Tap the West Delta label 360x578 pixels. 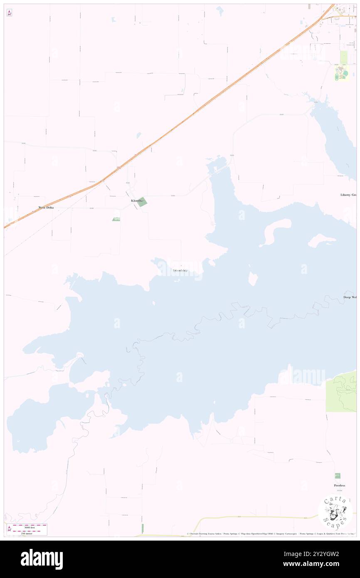tap(46, 207)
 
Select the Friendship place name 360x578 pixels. tap(180, 271)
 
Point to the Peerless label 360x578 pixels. tap(339, 485)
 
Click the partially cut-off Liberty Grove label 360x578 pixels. tap(348, 195)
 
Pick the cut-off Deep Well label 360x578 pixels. tap(350, 297)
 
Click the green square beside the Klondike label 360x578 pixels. tap(142, 202)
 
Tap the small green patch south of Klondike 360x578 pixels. tap(116, 219)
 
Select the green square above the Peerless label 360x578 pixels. tap(338, 476)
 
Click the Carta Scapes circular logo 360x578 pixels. tap(335, 512)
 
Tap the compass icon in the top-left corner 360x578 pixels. tap(9, 13)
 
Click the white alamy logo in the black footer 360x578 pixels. tap(42, 559)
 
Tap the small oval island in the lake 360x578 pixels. tap(253, 279)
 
